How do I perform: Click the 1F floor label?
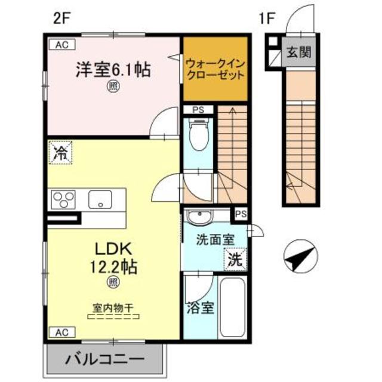point(267,19)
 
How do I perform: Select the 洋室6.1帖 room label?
point(112,70)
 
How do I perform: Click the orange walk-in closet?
point(215,69)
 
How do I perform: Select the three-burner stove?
point(64,199)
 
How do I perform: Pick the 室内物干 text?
point(112,308)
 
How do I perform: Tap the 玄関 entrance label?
point(297,53)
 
